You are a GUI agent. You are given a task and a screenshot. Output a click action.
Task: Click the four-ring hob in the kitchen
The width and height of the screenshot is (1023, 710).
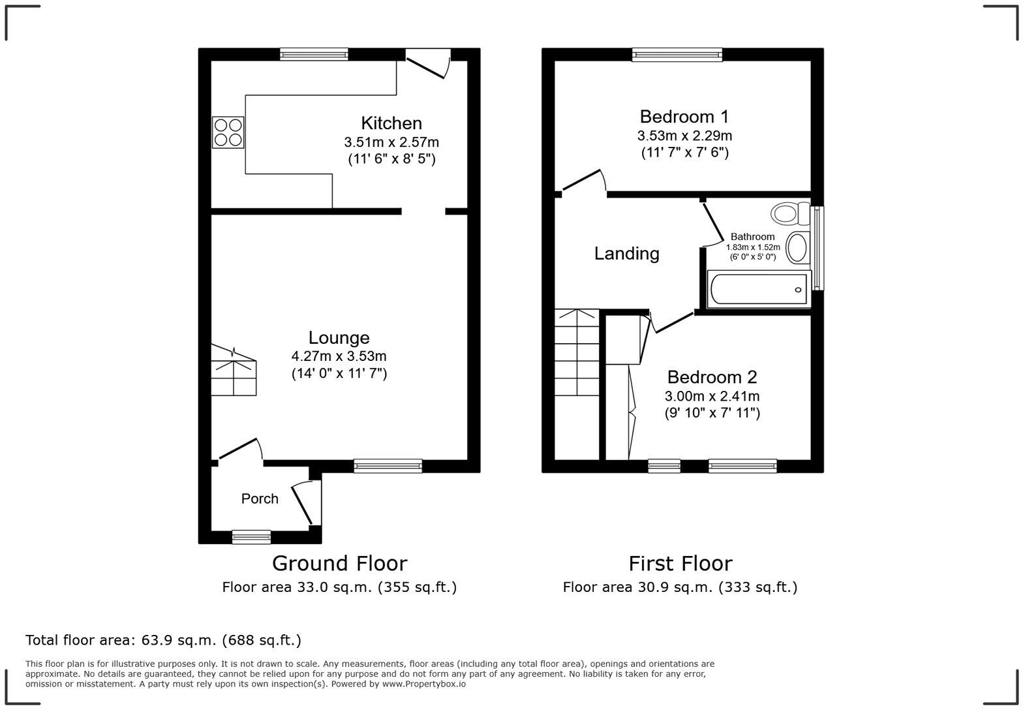click(228, 132)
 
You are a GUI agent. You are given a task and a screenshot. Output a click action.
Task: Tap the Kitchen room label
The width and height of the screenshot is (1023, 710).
click(391, 123)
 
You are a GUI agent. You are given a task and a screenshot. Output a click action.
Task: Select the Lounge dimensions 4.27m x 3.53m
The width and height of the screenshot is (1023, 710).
click(339, 356)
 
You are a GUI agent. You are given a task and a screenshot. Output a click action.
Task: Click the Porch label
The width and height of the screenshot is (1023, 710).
click(260, 499)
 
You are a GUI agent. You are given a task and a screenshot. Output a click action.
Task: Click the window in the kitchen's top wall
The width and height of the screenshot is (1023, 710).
click(314, 55)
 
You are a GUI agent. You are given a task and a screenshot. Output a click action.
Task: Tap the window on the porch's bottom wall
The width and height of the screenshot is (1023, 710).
click(251, 537)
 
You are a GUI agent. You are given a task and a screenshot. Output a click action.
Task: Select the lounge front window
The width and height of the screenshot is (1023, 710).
click(388, 466)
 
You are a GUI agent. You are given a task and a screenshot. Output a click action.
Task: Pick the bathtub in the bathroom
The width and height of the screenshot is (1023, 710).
click(759, 289)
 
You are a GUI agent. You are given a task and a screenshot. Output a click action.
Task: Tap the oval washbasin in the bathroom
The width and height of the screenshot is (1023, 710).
click(797, 248)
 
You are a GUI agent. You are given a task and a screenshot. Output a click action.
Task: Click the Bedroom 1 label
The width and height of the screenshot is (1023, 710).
click(684, 117)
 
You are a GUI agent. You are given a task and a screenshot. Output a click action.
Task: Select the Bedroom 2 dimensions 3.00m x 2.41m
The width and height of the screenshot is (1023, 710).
click(712, 396)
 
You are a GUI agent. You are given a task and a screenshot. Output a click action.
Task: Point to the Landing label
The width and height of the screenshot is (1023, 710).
click(626, 253)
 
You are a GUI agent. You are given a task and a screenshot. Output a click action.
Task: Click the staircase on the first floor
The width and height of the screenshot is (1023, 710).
click(577, 353)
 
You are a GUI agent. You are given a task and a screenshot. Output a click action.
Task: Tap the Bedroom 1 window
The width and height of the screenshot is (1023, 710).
click(677, 55)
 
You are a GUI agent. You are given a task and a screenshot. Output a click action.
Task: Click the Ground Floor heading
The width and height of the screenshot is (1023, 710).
click(339, 563)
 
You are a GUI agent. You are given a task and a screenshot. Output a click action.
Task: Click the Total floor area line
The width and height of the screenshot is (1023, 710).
click(163, 640)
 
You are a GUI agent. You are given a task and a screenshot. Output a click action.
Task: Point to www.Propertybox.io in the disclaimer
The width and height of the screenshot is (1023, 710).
click(423, 684)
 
